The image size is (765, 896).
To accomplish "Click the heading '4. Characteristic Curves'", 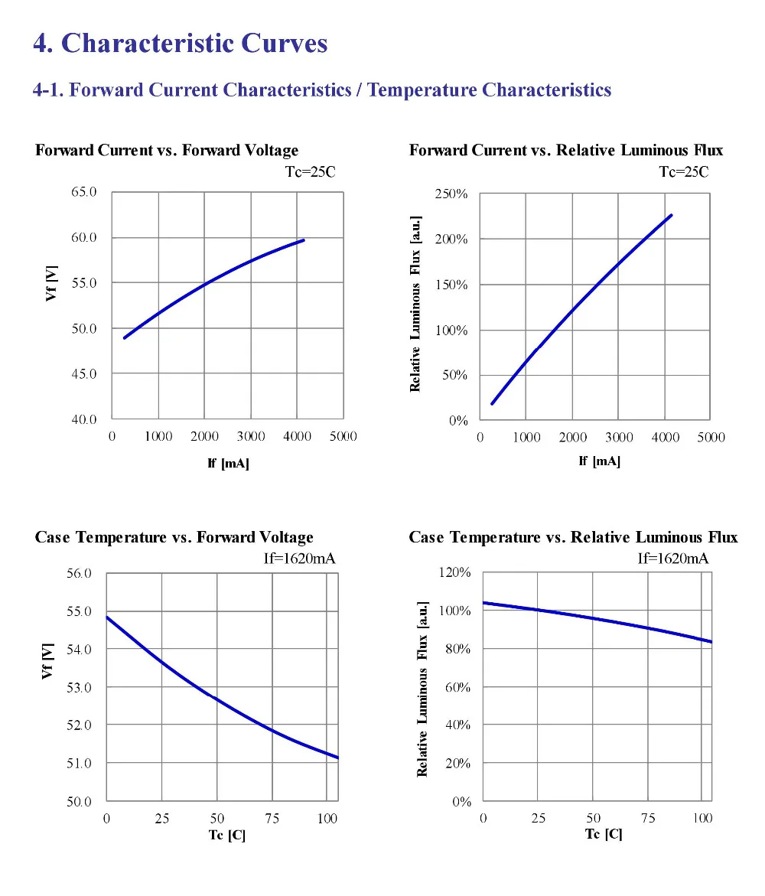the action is (x=181, y=44).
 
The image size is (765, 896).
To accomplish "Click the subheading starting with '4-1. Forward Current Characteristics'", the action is (x=322, y=90).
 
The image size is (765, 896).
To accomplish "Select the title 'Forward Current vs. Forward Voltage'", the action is (x=167, y=150).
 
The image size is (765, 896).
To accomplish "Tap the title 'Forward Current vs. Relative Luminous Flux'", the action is (x=566, y=150).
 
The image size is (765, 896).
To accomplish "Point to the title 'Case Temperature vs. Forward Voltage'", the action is (x=174, y=537).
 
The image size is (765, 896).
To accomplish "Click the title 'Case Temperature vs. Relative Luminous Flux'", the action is (x=573, y=537).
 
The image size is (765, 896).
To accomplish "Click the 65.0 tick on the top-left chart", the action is (x=84, y=192).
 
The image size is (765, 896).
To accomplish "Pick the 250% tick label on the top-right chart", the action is (x=451, y=194).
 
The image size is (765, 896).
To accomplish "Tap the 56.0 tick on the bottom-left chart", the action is (x=79, y=573).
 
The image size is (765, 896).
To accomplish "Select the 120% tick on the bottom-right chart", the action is (x=454, y=572).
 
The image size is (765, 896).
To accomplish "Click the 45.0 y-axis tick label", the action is (x=84, y=373).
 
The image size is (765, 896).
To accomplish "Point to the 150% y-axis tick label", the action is (x=451, y=285).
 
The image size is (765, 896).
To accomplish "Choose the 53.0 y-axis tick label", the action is (x=79, y=687).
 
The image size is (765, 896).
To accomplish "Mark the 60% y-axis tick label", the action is (x=458, y=687).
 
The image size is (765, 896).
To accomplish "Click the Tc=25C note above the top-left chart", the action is (x=311, y=172).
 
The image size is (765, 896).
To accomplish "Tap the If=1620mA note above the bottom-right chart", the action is (x=673, y=559).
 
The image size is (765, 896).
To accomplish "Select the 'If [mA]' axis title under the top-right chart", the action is (x=599, y=461).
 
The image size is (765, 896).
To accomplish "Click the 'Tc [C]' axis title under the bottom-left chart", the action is (x=226, y=835).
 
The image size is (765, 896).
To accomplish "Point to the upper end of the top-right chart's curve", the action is (x=672, y=216).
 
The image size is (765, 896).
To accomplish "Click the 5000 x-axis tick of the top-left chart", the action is (x=343, y=437).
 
